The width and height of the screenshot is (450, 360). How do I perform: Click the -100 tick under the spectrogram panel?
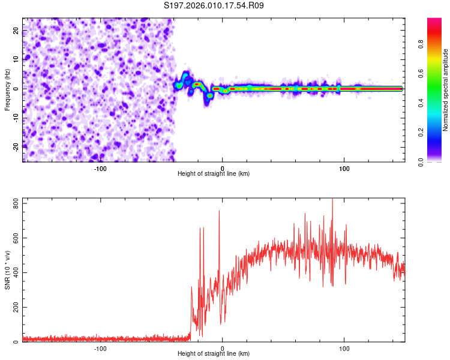pos(100,169)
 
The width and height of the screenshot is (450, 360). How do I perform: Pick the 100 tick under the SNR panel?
pos(344,349)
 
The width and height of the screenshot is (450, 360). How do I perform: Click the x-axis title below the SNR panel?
pos(214,355)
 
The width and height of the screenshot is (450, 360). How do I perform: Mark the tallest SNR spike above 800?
pos(332,200)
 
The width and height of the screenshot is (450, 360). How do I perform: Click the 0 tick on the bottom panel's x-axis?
pos(222,349)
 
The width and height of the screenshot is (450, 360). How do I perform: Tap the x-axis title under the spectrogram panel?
pos(214,175)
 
